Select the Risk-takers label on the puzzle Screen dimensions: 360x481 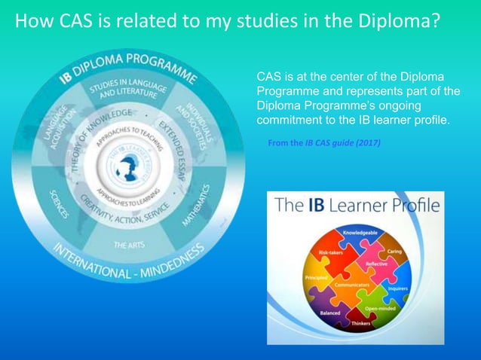click(331, 253)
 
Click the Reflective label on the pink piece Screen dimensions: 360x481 click(376, 264)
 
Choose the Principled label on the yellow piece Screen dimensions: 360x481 click(316, 279)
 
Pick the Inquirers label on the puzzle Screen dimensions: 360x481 click(398, 288)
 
